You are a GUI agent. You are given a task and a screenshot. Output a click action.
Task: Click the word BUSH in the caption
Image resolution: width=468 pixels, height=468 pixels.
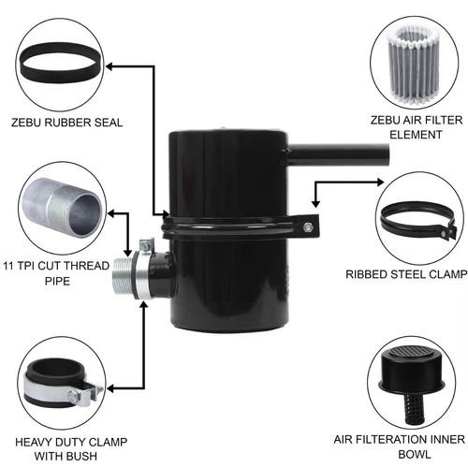click(x=81, y=456)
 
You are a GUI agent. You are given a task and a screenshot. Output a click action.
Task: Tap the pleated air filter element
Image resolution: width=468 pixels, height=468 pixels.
click(x=413, y=65)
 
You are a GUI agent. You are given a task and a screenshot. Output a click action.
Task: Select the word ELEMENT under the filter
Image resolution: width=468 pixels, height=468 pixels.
click(x=416, y=135)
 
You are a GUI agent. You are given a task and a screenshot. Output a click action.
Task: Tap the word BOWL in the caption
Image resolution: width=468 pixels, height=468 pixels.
click(x=415, y=454)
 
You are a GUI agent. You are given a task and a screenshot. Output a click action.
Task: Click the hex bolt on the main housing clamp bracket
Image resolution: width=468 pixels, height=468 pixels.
click(x=307, y=227)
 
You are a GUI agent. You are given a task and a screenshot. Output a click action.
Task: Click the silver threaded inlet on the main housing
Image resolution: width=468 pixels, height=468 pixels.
click(x=123, y=276)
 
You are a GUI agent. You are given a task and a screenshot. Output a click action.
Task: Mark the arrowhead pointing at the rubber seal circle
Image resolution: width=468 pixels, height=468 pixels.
click(x=110, y=66)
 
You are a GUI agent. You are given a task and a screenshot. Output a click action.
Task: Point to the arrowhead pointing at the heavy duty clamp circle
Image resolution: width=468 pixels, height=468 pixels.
click(x=110, y=388)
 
